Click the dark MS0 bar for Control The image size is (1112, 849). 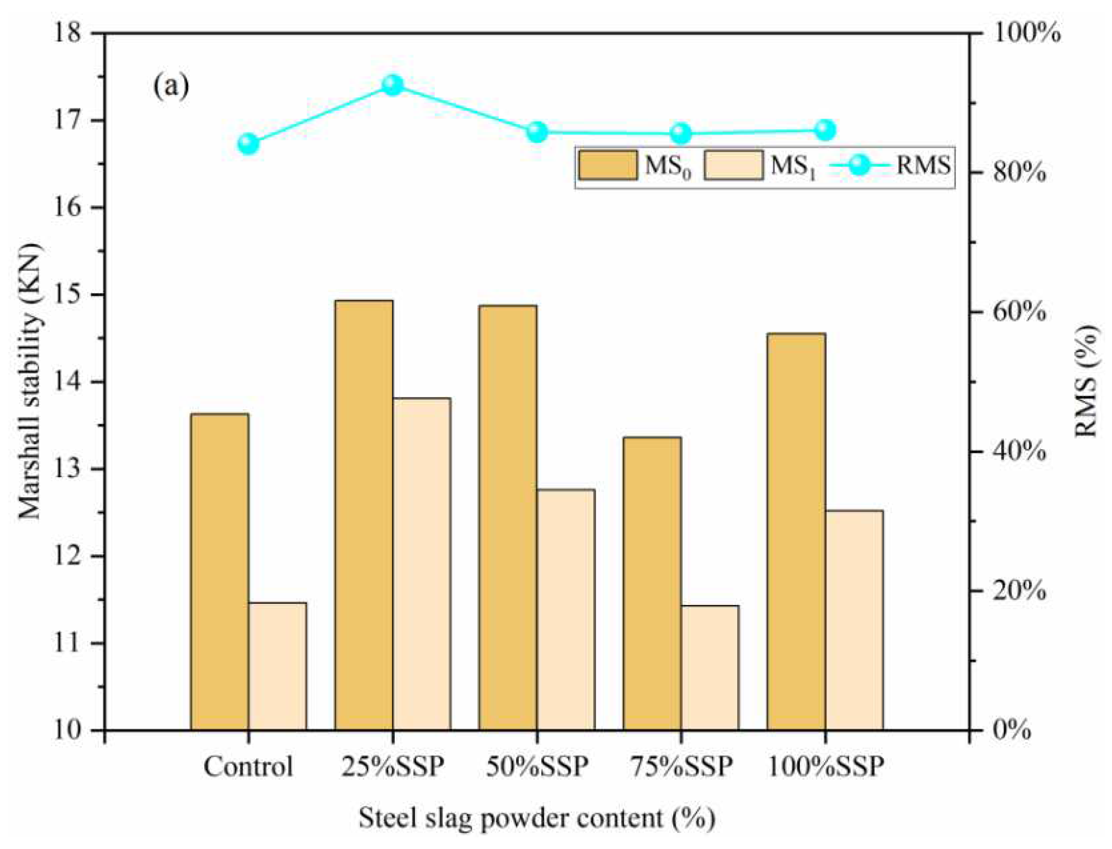point(219,571)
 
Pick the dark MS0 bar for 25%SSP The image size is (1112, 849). point(364,515)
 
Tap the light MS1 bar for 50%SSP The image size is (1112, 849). point(565,610)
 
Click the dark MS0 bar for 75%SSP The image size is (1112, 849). point(652,583)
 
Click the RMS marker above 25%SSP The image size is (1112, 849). point(392,85)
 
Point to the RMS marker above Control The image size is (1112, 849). point(248,144)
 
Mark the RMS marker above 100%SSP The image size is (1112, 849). point(825,131)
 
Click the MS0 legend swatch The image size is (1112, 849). point(608,165)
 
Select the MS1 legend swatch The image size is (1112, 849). point(733,165)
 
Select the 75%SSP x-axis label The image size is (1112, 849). point(681,767)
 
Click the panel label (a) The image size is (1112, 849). point(171,87)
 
